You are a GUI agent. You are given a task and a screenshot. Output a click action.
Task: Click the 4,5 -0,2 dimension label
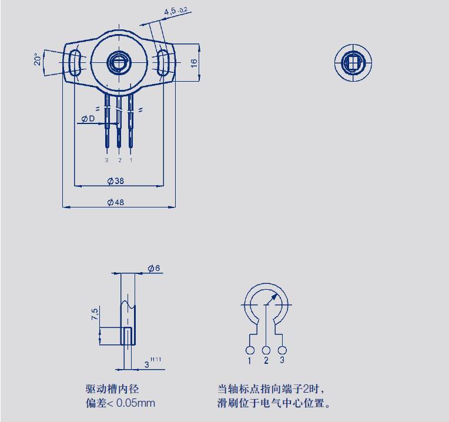176,11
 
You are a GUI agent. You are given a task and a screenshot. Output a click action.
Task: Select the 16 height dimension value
194,63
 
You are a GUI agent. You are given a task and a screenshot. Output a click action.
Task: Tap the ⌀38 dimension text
115,180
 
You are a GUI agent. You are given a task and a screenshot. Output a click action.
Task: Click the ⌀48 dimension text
115,202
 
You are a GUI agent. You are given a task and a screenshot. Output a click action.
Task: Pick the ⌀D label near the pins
88,119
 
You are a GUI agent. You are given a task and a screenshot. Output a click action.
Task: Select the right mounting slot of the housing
163,62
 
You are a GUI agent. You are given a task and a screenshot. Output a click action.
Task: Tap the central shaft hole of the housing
119,62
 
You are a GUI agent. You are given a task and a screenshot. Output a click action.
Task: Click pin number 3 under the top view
107,160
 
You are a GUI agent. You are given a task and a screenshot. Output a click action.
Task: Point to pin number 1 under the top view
131,160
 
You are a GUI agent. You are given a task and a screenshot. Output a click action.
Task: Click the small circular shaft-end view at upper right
353,62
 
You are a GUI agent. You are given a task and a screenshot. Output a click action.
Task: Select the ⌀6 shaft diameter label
154,268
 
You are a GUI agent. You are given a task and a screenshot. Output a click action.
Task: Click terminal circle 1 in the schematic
250,350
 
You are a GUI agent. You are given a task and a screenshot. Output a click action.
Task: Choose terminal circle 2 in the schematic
266,350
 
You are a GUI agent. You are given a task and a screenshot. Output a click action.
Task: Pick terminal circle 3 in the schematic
282,350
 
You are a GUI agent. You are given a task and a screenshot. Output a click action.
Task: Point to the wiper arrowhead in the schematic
274,297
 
